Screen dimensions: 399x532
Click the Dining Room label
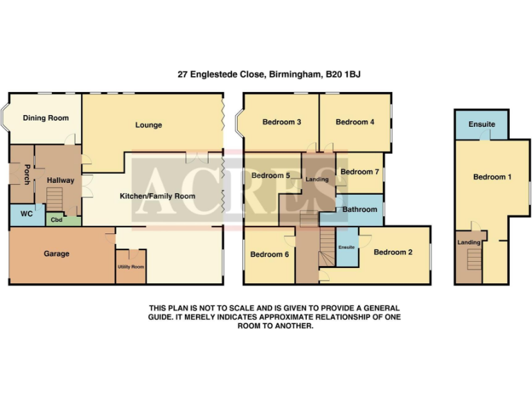(x=46, y=118)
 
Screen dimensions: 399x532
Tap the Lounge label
(x=148, y=125)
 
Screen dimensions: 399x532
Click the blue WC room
(x=26, y=214)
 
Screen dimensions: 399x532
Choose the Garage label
(x=56, y=254)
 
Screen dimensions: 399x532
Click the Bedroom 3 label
(x=281, y=123)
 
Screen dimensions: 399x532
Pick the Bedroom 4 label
(x=355, y=123)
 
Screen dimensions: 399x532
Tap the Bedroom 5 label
(x=270, y=176)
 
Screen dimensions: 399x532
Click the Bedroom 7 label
(x=360, y=172)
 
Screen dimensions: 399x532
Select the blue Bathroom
(x=360, y=209)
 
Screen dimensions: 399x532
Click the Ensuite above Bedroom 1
(x=481, y=125)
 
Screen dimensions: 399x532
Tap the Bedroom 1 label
(x=492, y=177)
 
